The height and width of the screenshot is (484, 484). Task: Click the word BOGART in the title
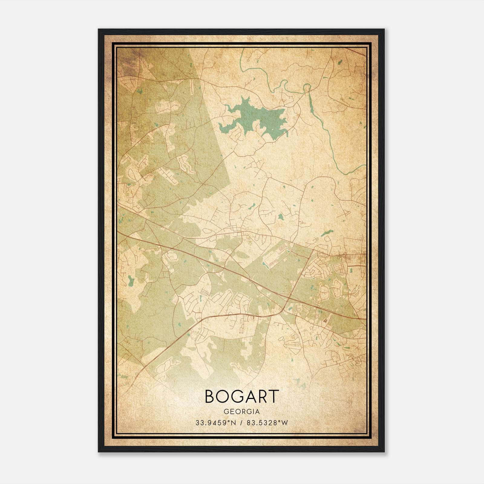coord(241,397)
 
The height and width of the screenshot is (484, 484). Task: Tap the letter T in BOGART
coord(273,397)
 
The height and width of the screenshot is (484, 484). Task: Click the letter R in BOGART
coord(261,397)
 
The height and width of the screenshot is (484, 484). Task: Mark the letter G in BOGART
coord(237,397)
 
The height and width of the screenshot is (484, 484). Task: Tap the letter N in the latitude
coord(231,423)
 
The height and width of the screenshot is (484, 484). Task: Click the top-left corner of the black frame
coord(99,29)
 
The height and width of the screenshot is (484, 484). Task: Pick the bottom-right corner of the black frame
coord(384,452)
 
